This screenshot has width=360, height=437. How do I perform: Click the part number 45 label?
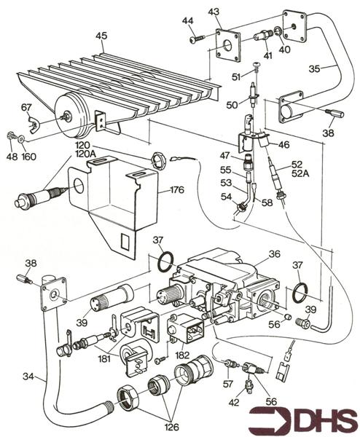pyautogui.click(x=101, y=36)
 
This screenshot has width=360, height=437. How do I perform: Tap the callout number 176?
pyautogui.click(x=178, y=190)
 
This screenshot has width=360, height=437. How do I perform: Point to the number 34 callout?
pyautogui.click(x=28, y=377)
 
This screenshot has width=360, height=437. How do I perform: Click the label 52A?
pyautogui.click(x=300, y=173)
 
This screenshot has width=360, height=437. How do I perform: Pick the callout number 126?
pyautogui.click(x=171, y=427)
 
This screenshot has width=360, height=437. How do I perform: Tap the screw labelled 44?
pyautogui.click(x=197, y=39)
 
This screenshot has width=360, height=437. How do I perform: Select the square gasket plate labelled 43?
pyautogui.click(x=228, y=45)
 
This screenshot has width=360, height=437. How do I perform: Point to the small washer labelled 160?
pyautogui.click(x=21, y=138)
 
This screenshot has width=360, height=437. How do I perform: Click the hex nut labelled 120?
pyautogui.click(x=158, y=160)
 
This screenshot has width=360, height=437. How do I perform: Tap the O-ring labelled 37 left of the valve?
pyautogui.click(x=165, y=261)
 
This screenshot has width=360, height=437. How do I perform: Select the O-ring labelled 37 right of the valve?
pyautogui.click(x=300, y=292)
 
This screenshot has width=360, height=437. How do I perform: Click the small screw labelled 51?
pyautogui.click(x=257, y=66)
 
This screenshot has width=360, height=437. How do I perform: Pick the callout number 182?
pyautogui.click(x=182, y=355)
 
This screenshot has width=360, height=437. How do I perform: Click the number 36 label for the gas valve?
pyautogui.click(x=275, y=254)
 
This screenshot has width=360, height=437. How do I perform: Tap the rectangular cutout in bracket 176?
pyautogui.click(x=125, y=241)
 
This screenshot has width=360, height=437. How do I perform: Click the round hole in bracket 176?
pyautogui.click(x=79, y=186)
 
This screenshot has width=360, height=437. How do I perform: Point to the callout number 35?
pyautogui.click(x=315, y=68)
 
